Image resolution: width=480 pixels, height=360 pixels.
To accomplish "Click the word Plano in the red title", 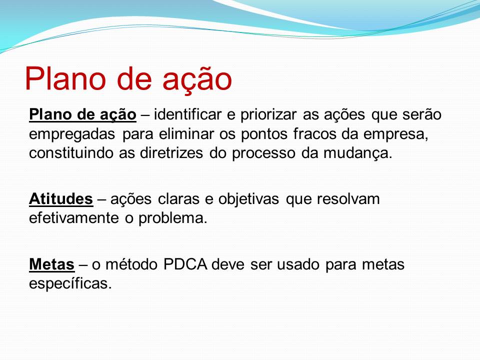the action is point(65,78).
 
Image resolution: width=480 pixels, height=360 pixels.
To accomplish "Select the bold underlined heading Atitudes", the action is point(61,199).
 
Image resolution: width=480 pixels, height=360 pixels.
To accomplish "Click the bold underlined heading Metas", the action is point(51,264).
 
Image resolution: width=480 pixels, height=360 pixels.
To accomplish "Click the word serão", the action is point(422,115).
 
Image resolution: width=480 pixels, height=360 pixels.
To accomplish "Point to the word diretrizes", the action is point(171,153).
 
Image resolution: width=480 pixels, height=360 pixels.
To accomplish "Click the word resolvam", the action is point(348,199).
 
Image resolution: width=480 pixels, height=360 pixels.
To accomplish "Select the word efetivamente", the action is point(74,218).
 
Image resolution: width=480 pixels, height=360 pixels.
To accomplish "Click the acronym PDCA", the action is point(185,264).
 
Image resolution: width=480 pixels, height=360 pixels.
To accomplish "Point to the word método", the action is point(131,264).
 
